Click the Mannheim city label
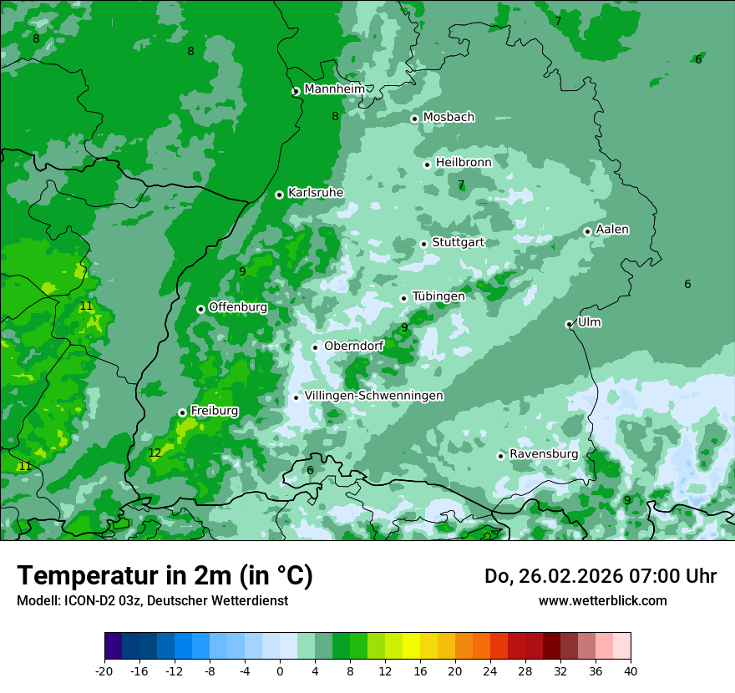pos(335,89)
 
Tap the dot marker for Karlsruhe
pos(279,195)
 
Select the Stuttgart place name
pos(458,242)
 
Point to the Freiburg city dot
pos(182,412)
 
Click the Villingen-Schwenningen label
pos(373,396)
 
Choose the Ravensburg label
pos(544,453)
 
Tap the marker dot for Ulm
pos(569,324)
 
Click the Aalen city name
pos(612,229)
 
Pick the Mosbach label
pos(449,117)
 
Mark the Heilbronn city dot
pos(427,164)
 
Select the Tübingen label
pos(438,296)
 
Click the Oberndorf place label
pos(354,346)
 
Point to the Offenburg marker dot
pos(200,309)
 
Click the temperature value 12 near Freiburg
pos(155,453)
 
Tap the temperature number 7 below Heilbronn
pos(461,185)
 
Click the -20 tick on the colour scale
pos(104,670)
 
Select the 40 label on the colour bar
pos(630,670)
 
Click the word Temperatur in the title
pos(84,576)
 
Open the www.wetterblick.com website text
pos(602,600)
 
